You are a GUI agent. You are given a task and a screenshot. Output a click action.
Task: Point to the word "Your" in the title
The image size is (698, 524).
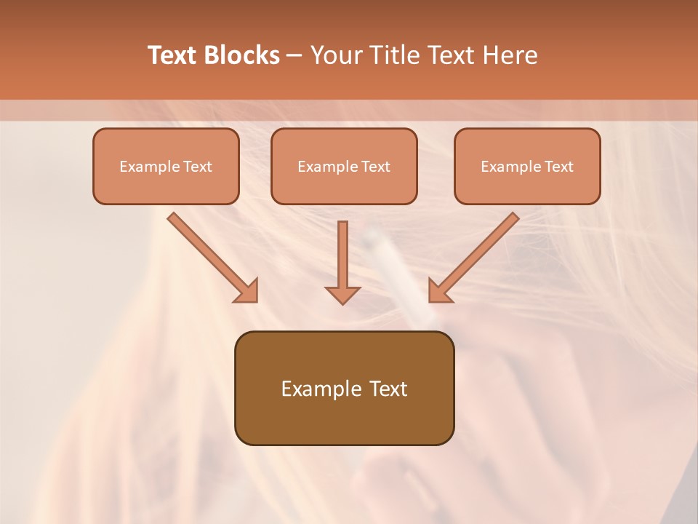(x=334, y=55)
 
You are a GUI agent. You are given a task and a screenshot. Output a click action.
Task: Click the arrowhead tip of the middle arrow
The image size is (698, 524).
(x=342, y=301)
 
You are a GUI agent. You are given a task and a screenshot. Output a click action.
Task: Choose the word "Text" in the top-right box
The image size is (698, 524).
(x=558, y=167)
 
